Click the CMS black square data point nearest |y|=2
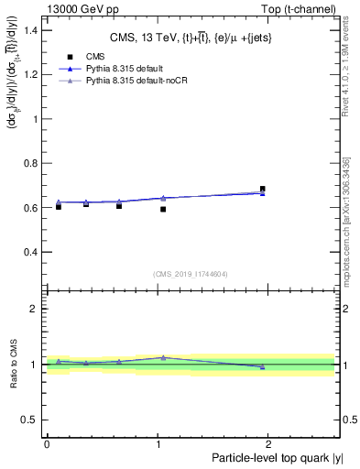[x=263, y=190]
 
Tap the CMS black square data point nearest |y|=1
[x=163, y=209]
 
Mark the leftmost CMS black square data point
[x=59, y=206]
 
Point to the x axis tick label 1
[x=159, y=443]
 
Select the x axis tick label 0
[x=47, y=443]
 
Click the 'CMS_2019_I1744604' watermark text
[x=191, y=274]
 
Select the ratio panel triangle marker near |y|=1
[x=163, y=357]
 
